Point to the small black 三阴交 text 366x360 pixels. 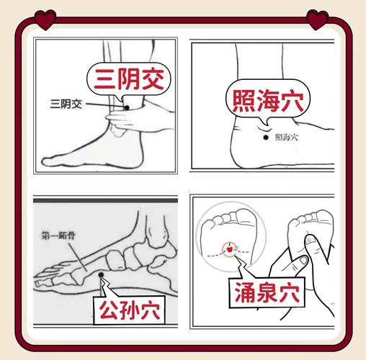coord(67,104)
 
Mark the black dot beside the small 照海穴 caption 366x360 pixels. coord(265,137)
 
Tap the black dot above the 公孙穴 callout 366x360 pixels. coord(102,274)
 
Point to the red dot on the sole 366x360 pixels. coord(230,249)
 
